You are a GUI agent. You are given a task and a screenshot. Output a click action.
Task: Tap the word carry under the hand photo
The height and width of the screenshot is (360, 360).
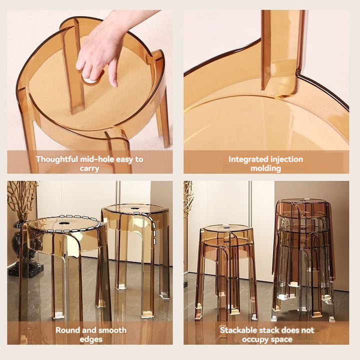(89, 168)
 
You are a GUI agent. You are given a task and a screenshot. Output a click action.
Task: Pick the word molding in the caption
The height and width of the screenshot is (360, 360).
(266, 168)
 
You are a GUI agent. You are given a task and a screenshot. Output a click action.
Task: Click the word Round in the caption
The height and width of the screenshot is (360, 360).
(67, 330)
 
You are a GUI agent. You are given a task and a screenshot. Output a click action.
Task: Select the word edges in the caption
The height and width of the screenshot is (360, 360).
(90, 339)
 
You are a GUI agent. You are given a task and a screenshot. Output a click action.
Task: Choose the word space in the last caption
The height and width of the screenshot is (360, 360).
(282, 339)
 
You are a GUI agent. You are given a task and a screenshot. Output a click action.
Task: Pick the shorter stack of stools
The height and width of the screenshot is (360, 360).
(226, 270)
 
